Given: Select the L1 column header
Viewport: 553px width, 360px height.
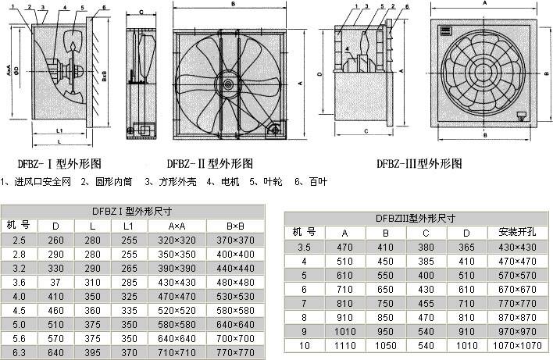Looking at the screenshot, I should click(x=128, y=226).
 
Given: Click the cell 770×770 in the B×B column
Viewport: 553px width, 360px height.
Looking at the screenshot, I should click(x=237, y=353).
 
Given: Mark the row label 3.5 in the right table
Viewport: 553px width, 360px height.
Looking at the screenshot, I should click(x=304, y=247).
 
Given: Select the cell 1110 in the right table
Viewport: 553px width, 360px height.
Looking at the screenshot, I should click(x=345, y=345).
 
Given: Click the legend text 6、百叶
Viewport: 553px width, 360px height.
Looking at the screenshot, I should click(x=312, y=181).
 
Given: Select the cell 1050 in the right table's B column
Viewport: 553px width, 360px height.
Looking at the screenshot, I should click(x=386, y=345).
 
